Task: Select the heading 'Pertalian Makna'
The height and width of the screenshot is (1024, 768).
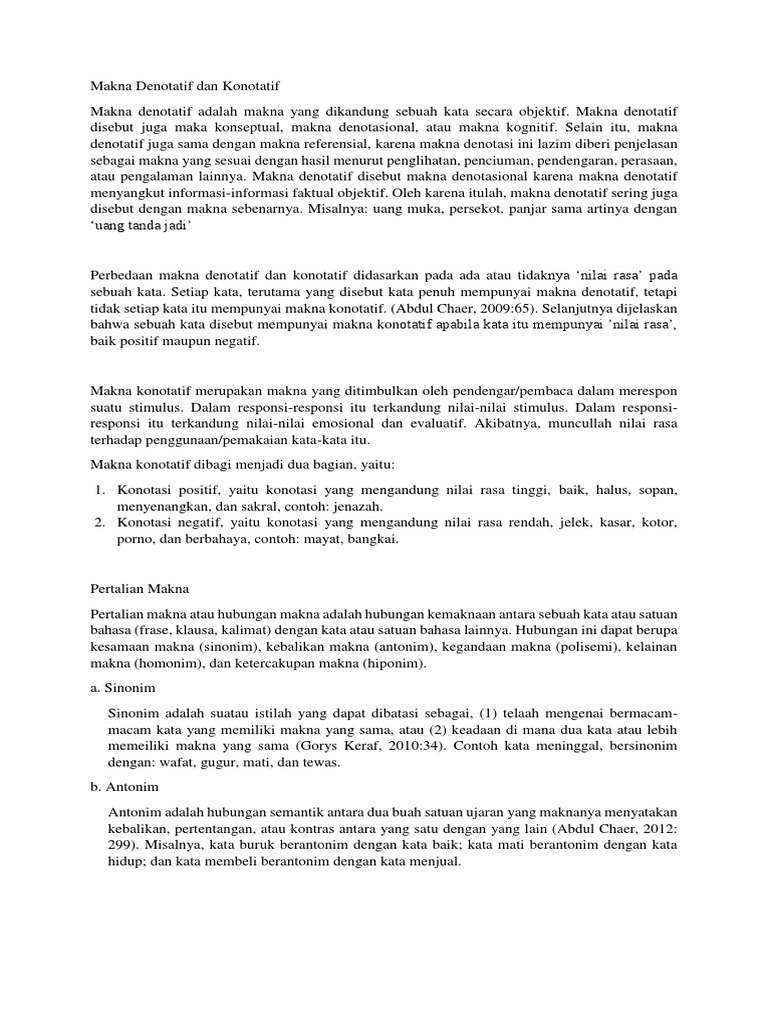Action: (139, 590)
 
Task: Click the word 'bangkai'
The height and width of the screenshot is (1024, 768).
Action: (372, 539)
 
